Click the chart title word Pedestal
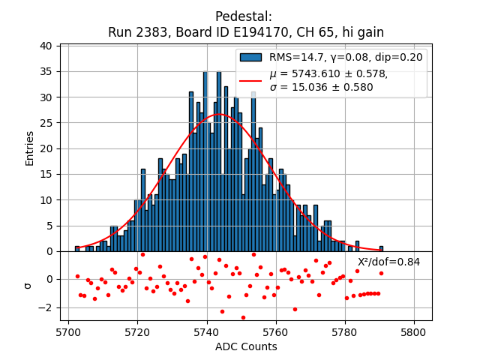tap(243, 16)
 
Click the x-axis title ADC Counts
tap(246, 346)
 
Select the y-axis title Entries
tap(30, 148)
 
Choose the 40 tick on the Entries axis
tap(46, 46)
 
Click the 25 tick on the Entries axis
tap(46, 123)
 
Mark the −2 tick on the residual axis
tap(45, 307)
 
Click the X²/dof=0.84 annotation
tap(388, 262)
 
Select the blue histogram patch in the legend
tap(250, 57)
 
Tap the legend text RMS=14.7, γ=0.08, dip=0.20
tap(346, 57)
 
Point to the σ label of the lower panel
tap(29, 285)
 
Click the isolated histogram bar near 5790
tap(381, 249)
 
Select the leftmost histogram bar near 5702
tap(76, 249)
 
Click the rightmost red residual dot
tap(381, 273)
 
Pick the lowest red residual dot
tap(243, 317)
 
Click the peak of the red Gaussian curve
tap(220, 115)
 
